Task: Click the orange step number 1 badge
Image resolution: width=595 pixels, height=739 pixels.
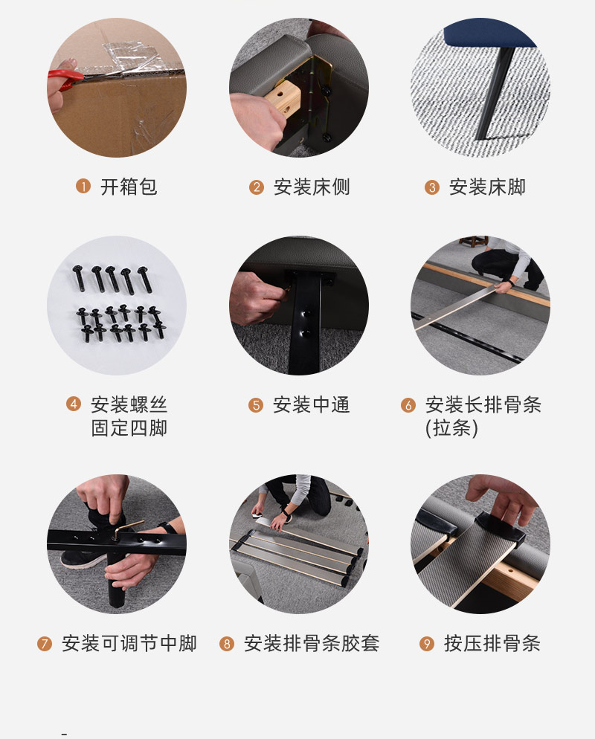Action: click(x=83, y=186)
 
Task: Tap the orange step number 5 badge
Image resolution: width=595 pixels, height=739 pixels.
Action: click(x=256, y=405)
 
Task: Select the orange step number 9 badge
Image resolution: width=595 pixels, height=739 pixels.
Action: click(x=427, y=643)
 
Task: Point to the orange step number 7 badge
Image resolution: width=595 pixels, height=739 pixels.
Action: click(x=45, y=643)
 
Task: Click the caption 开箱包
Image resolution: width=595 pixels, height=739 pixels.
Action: click(x=129, y=187)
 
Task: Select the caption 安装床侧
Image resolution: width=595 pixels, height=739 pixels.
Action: click(x=312, y=187)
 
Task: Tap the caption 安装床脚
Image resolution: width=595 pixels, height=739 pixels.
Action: click(x=487, y=187)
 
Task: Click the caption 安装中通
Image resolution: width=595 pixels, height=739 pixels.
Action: click(x=312, y=405)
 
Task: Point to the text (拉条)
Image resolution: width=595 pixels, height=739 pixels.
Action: click(x=451, y=428)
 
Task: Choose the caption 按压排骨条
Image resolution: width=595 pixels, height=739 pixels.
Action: click(x=492, y=643)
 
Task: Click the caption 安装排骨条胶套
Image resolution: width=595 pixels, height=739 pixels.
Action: click(x=312, y=643)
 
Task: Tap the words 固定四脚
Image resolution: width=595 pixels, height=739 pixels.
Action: click(x=129, y=428)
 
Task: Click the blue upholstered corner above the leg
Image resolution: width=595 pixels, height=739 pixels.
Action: click(x=490, y=33)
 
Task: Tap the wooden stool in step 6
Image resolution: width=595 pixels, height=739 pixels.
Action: click(x=473, y=242)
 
